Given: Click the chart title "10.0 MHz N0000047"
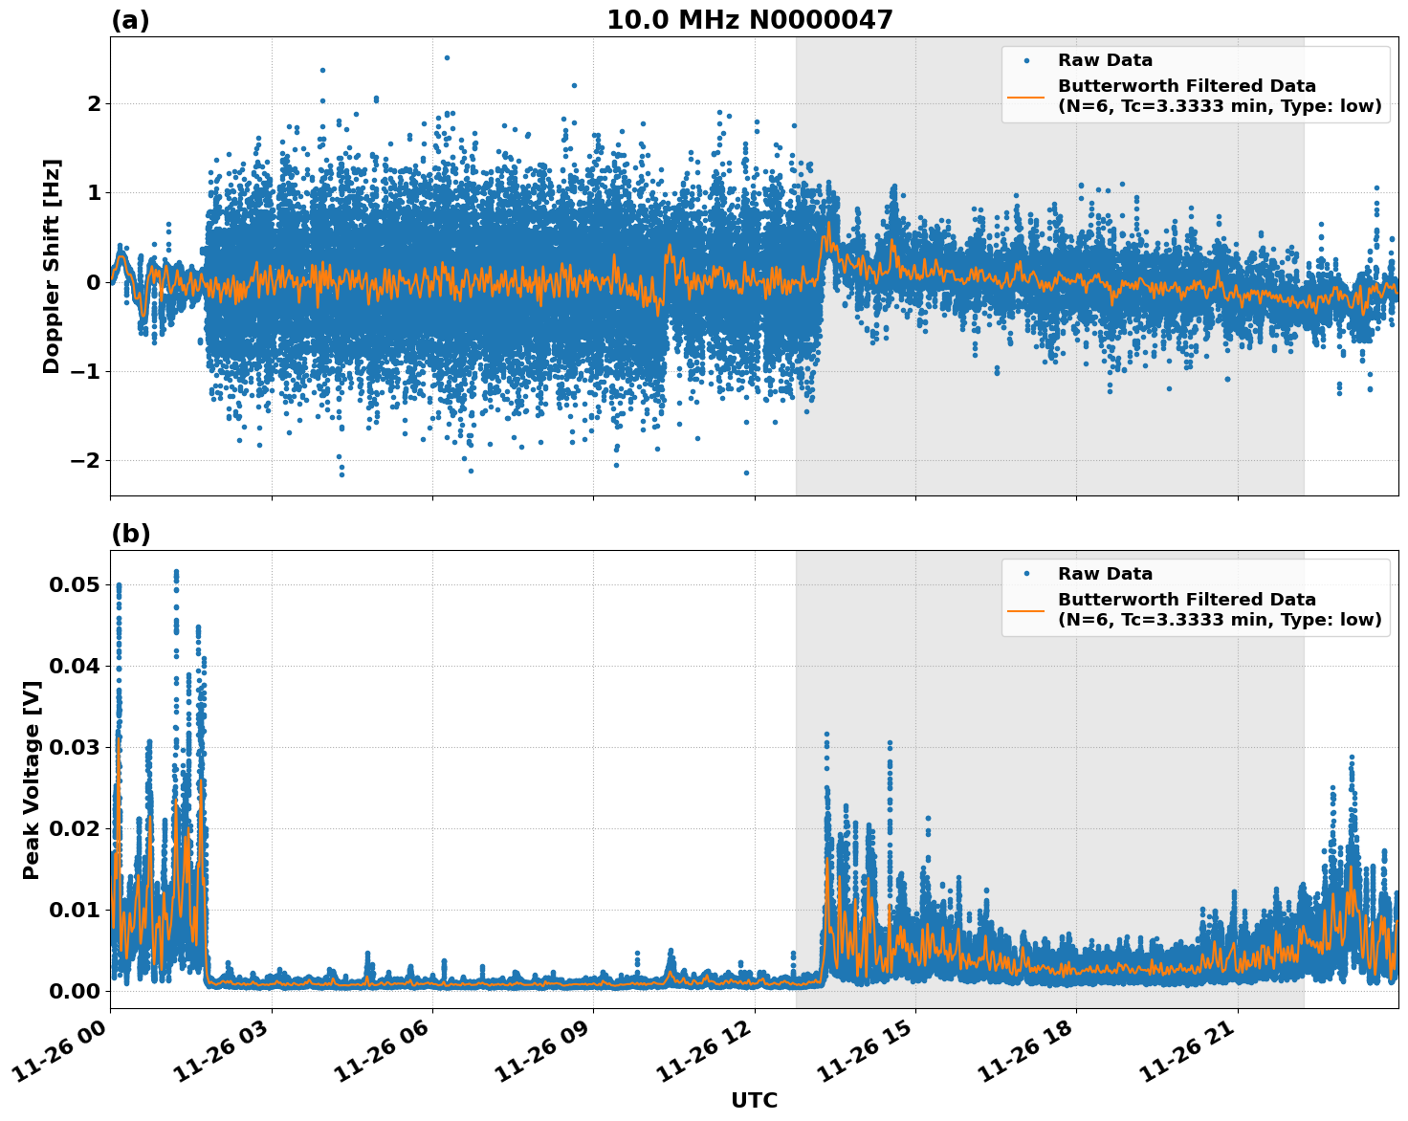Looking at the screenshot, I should coord(749,20).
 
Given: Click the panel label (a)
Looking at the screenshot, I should coord(130,20).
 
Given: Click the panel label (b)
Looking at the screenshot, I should coord(130,534).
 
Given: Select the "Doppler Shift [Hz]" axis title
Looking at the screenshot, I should coord(52,266).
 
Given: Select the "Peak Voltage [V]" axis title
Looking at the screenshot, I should coord(32,780).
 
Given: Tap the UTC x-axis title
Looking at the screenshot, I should coord(754,1100).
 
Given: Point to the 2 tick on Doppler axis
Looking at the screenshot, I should coord(94,103).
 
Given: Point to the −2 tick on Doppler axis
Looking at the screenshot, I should coord(86,460).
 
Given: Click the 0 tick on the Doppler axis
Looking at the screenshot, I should coord(94,282).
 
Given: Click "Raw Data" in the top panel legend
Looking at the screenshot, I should coord(1105,61).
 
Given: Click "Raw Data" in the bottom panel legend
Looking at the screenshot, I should coord(1105,574).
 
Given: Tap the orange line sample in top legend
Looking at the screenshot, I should coord(1026,97).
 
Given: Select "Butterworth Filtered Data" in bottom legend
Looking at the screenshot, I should coord(1186,600).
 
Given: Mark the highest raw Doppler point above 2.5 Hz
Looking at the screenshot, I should coord(447,57).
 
